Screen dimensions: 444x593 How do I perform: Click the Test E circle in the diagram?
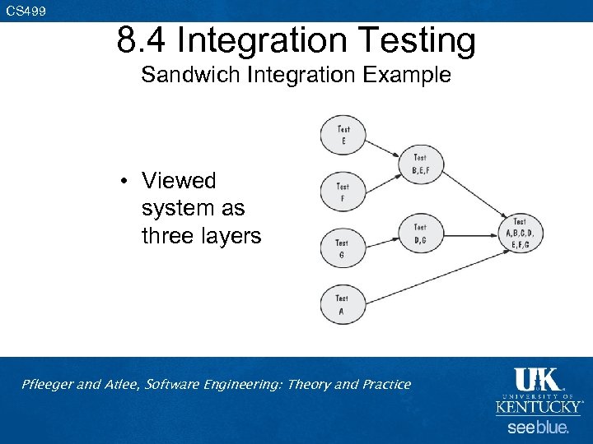pyautogui.click(x=343, y=135)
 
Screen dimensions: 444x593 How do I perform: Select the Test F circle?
pyautogui.click(x=343, y=192)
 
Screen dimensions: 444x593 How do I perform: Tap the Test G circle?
pyautogui.click(x=342, y=248)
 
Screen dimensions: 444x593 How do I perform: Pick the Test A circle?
pyautogui.click(x=342, y=304)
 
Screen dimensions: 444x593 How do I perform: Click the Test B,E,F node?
pyautogui.click(x=420, y=164)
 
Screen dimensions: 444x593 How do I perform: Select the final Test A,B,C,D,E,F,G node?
pyautogui.click(x=520, y=233)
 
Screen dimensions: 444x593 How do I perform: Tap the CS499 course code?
pyautogui.click(x=26, y=11)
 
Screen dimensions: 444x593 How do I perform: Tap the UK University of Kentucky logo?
pyautogui.click(x=539, y=391)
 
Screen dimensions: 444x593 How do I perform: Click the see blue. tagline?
pyautogui.click(x=538, y=428)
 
